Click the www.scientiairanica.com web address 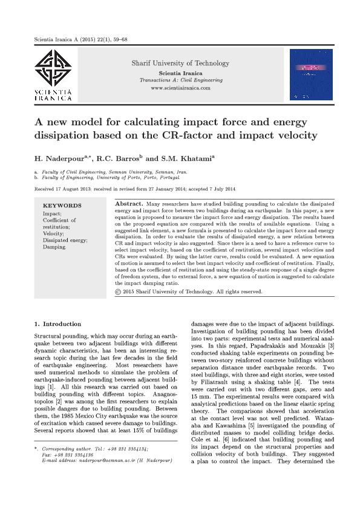[180, 88]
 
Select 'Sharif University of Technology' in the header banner [180, 63]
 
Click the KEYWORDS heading [62, 206]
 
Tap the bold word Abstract [128, 204]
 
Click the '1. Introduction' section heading [58, 324]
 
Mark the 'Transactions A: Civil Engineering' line [180, 80]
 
